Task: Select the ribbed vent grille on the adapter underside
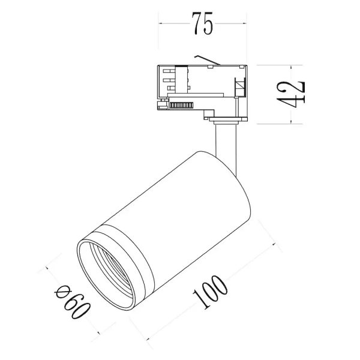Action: click(x=181, y=105)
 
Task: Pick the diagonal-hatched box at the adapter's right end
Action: click(x=241, y=88)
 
